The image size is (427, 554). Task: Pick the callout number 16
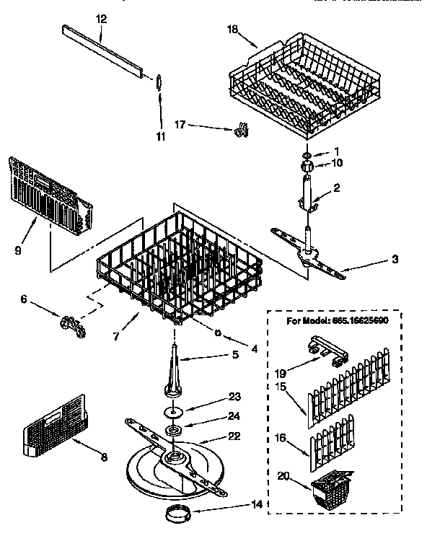click(x=281, y=436)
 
